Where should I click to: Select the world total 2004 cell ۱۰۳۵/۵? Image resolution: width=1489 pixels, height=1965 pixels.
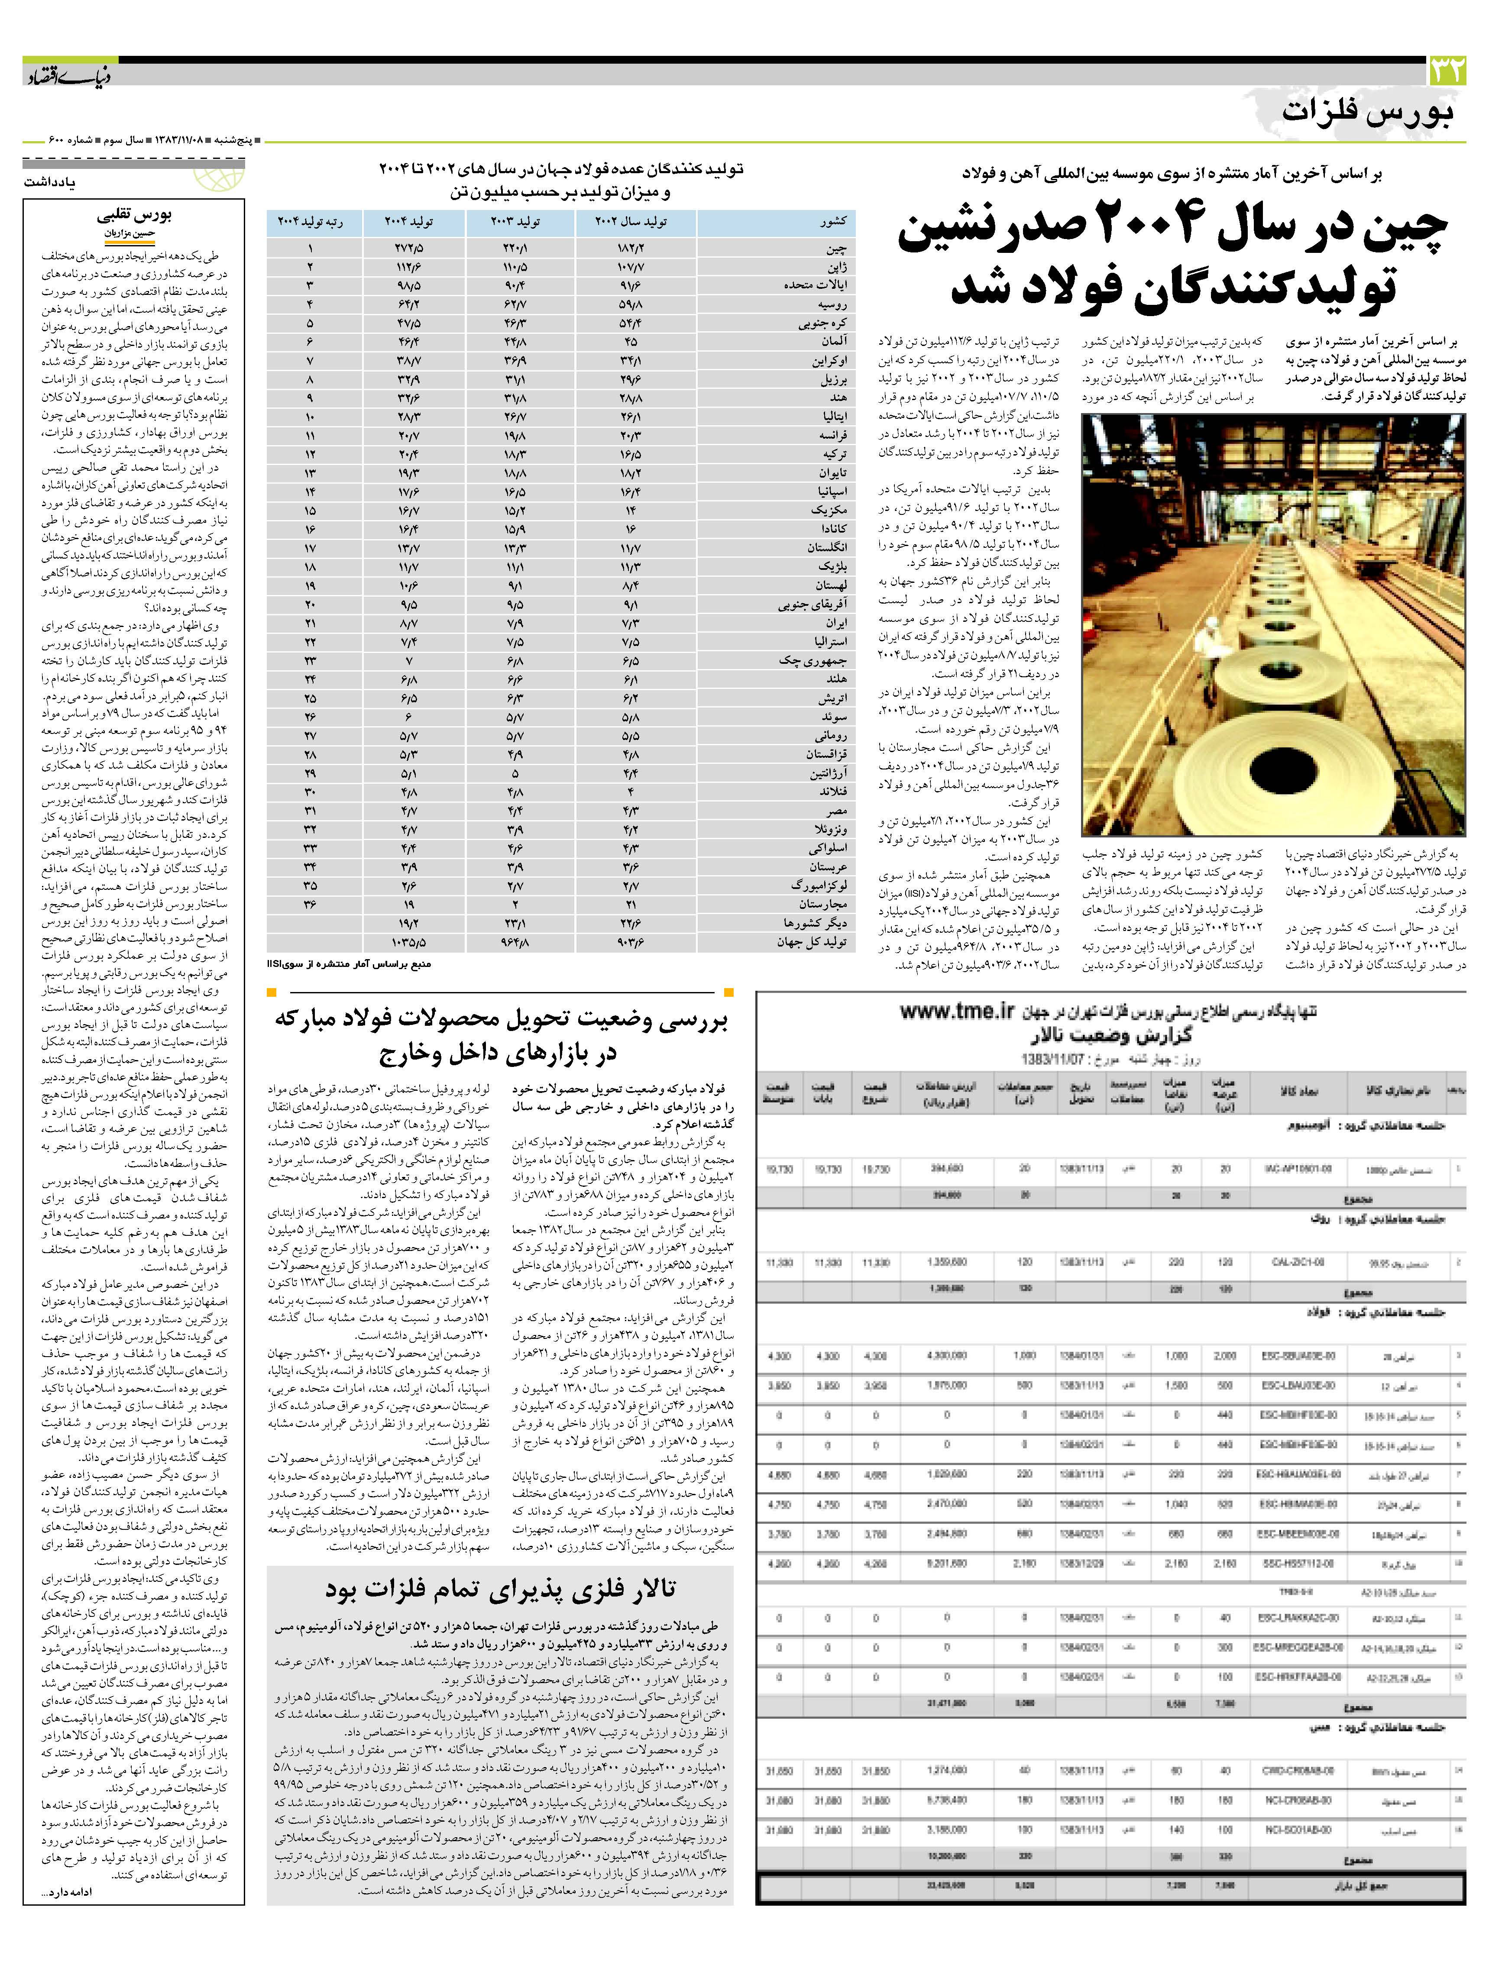click(x=409, y=941)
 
